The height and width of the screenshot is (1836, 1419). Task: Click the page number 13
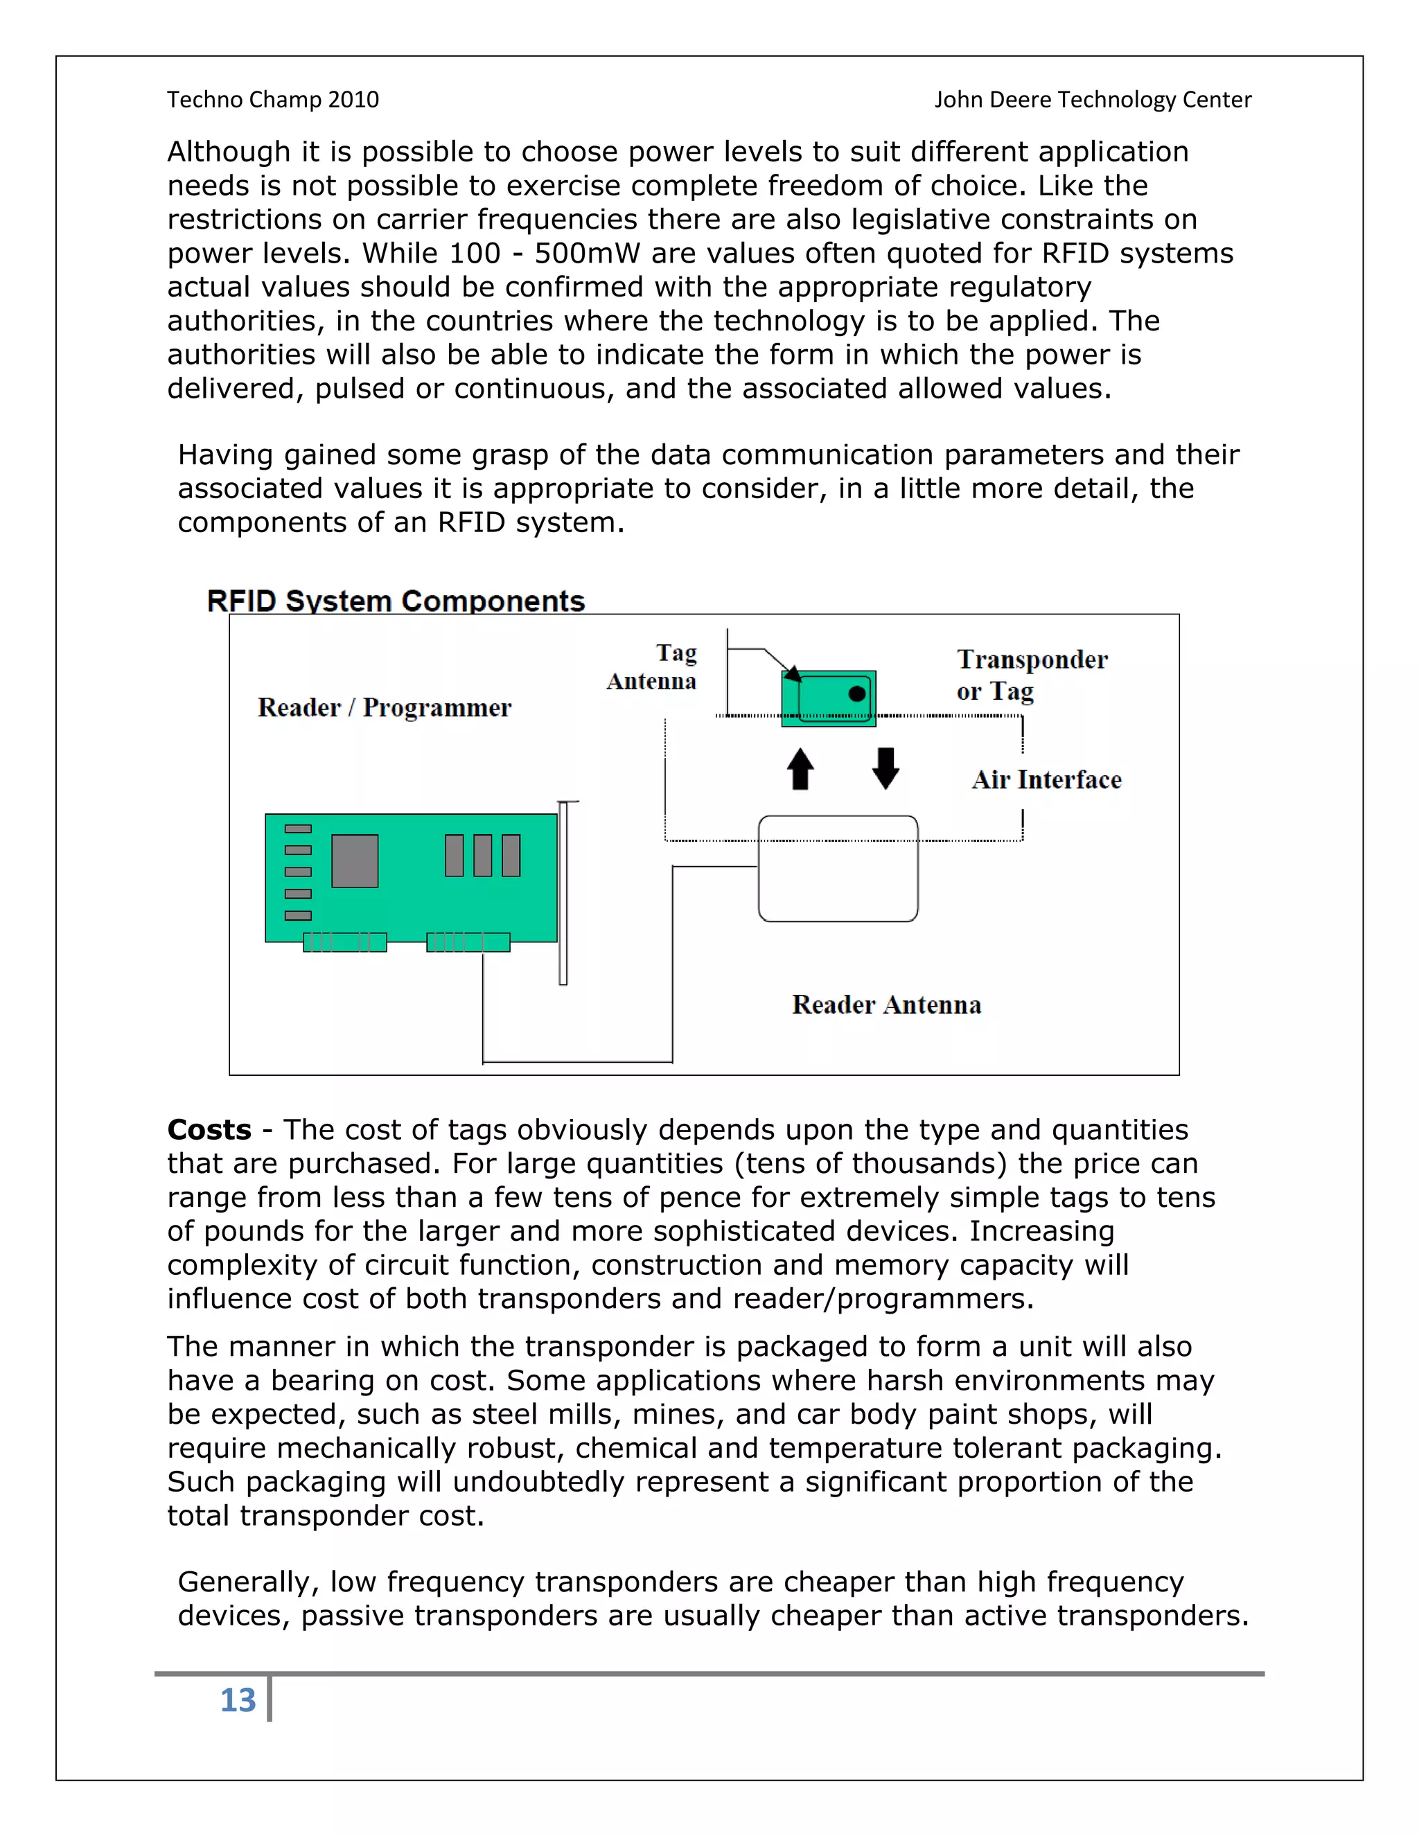point(238,1700)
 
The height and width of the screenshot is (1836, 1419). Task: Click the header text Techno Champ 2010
point(273,99)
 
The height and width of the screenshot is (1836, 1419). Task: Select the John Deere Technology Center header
point(1093,99)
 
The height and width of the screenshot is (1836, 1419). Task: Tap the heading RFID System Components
point(396,601)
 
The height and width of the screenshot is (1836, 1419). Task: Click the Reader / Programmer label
point(384,708)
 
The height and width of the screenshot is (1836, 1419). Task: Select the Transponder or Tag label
point(1032,674)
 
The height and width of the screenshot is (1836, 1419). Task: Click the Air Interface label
point(1047,779)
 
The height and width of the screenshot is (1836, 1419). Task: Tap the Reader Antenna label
point(886,1005)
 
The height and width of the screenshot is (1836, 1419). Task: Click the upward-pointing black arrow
point(800,768)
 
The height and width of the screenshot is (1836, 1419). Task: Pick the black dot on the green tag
point(856,694)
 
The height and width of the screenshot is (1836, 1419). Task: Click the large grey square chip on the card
point(355,860)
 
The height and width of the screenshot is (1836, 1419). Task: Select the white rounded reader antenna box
point(838,868)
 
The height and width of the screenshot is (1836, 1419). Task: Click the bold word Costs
point(209,1129)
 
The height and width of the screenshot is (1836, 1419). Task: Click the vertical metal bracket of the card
point(563,893)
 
